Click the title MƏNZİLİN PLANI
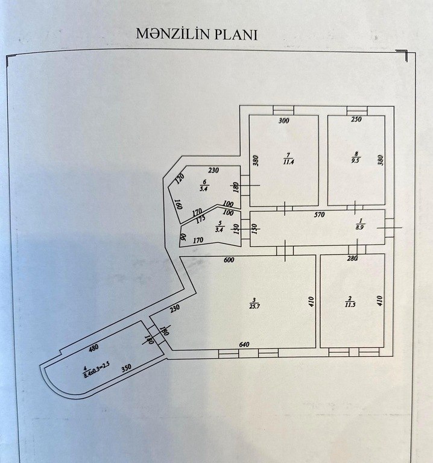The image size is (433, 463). point(197,34)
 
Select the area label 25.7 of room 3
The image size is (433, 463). point(254,306)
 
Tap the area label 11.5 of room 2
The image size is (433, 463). point(350,304)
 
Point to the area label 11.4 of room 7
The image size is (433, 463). point(288,162)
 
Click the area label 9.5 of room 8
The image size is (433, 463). point(356,161)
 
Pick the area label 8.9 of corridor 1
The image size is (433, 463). point(361,227)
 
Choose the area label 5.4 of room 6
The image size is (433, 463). point(204,189)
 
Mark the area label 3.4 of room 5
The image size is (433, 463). point(219,230)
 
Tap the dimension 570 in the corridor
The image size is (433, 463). point(320,215)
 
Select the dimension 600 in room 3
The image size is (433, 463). point(229,260)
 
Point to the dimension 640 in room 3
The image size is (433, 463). point(244,344)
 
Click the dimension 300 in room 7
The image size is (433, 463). point(284,121)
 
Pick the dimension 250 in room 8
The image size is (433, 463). point(356,119)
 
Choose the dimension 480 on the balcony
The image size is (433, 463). point(93,348)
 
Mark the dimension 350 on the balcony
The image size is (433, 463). point(126,368)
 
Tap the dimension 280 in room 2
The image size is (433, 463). point(352,258)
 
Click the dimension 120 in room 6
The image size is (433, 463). point(180,178)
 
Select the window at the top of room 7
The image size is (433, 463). point(283,110)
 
